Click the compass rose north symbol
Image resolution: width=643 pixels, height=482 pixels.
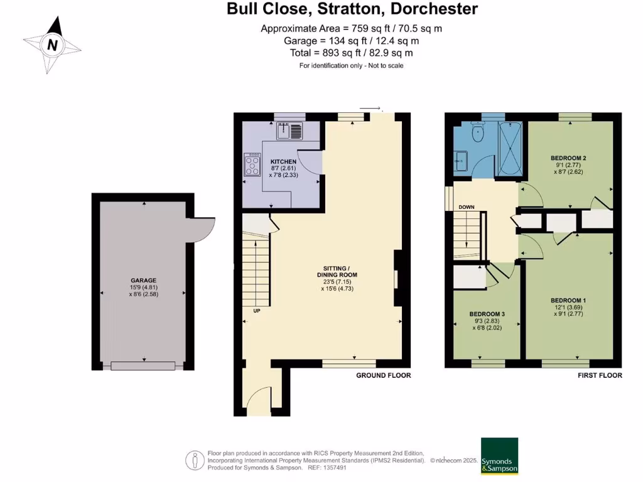tap(53, 45)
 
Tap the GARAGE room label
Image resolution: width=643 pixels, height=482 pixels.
tap(144, 281)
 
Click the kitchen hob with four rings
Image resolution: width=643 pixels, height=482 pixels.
tap(252, 166)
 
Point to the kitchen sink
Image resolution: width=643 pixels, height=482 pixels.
tap(290, 131)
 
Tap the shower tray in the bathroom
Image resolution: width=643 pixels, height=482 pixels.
tap(511, 149)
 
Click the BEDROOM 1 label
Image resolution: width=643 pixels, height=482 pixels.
tap(568, 300)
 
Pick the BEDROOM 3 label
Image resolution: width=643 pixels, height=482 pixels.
tap(487, 314)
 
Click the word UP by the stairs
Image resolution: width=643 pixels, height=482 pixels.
tap(257, 311)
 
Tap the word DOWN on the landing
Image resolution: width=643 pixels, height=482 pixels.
tap(467, 207)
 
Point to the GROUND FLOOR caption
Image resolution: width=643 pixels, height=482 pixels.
tap(383, 375)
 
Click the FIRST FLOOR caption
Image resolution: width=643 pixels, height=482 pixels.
tap(600, 375)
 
